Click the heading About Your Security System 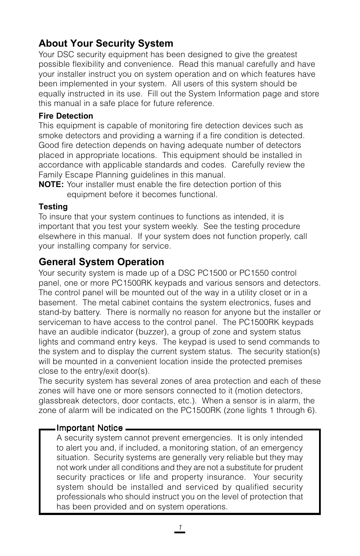[106, 44]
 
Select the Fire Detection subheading [66, 116]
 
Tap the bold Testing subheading [53, 206]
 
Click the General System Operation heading [102, 262]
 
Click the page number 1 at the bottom [180, 527]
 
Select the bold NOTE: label [51, 184]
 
